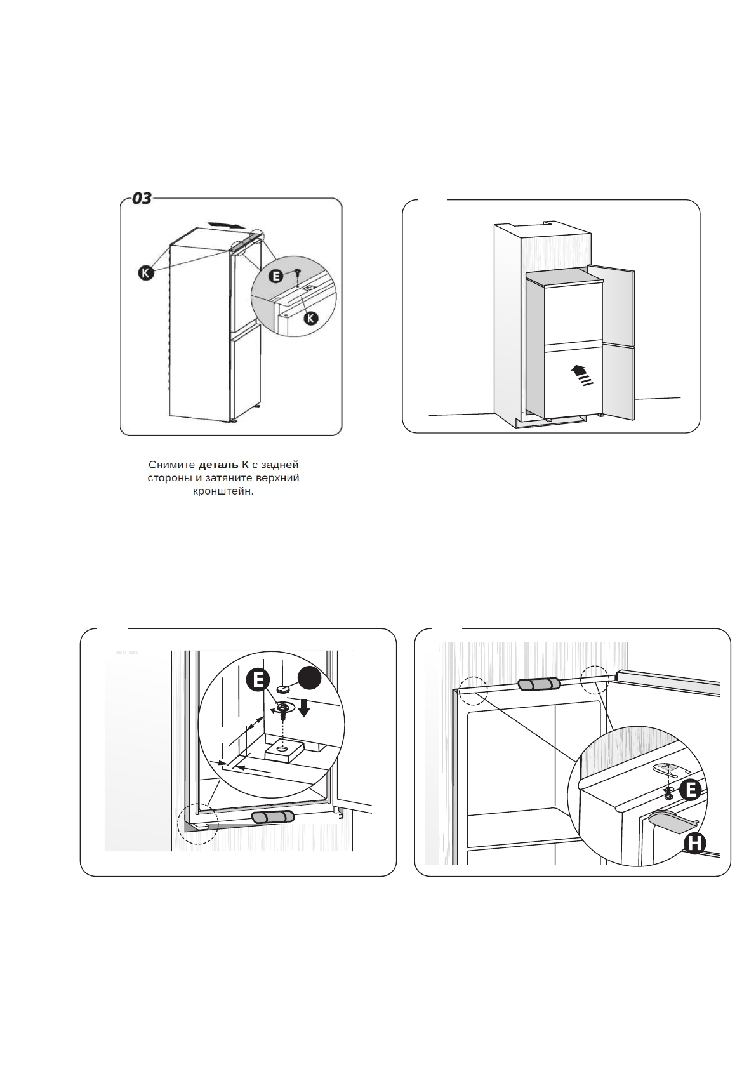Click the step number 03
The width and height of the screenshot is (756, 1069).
coord(142,198)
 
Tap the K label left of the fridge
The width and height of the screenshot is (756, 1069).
coord(147,274)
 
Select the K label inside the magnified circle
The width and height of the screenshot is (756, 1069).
coord(310,317)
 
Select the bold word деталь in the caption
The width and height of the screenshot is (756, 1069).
coord(219,465)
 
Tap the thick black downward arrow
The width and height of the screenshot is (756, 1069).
coord(304,707)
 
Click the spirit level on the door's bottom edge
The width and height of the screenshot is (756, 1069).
coord(272,817)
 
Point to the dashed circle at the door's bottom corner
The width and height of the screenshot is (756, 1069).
coord(197,823)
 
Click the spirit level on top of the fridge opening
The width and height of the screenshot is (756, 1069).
coord(539,684)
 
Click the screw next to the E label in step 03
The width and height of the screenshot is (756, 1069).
coord(296,273)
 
